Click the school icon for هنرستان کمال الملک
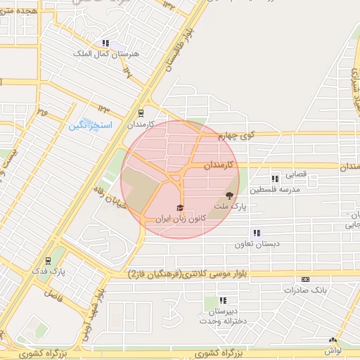[105, 43]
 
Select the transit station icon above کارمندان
[141, 112]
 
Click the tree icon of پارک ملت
[229, 195]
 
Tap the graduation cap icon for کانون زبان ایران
[179, 209]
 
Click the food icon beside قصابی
[275, 179]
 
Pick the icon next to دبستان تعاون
[257, 233]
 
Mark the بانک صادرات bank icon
[305, 279]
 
